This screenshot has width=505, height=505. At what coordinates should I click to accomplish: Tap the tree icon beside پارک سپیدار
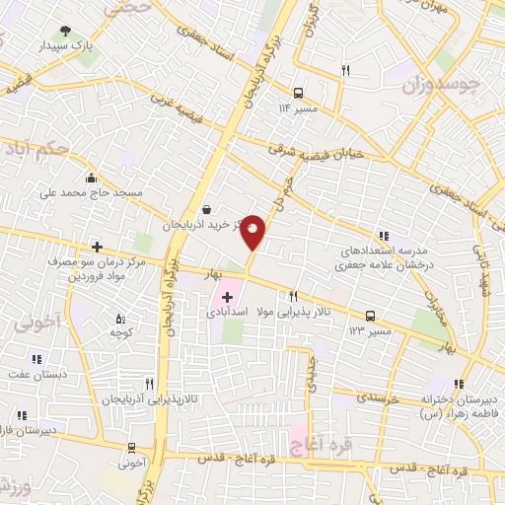click(x=65, y=31)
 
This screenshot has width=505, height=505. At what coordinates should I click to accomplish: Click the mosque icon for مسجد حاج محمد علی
click(x=92, y=178)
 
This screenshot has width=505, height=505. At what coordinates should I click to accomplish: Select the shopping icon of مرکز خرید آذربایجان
click(x=204, y=209)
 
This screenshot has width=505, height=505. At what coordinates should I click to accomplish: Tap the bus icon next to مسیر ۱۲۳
click(x=370, y=316)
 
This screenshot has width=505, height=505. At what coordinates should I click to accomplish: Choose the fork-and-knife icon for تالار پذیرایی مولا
click(x=293, y=296)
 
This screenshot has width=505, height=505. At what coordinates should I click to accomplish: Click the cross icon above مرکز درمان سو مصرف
click(x=96, y=247)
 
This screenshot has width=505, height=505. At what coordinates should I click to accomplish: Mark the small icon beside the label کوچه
click(x=120, y=318)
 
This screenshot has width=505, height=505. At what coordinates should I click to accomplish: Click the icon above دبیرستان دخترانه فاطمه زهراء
click(x=459, y=385)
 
